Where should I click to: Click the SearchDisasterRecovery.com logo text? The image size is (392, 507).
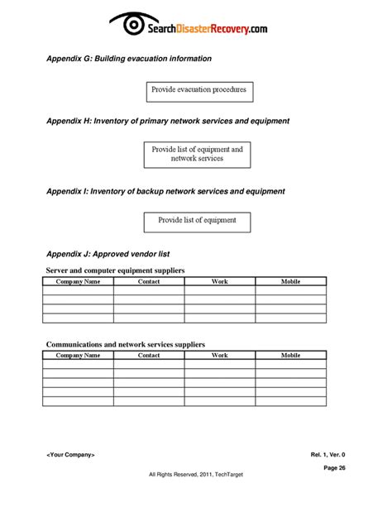[x=208, y=28]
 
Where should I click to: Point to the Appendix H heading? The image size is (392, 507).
[x=168, y=121]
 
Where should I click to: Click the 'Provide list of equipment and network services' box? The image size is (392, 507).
[x=198, y=154]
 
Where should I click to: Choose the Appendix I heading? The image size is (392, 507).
[x=165, y=191]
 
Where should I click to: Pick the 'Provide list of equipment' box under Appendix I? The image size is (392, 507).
[x=198, y=221]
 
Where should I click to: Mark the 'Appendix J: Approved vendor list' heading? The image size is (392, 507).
[x=108, y=254]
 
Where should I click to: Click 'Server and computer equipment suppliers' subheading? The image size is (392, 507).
[x=116, y=270]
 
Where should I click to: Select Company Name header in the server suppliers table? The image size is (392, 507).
[x=78, y=282]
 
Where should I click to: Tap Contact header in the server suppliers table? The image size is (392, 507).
[x=149, y=282]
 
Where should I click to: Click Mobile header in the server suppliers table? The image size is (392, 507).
[x=290, y=282]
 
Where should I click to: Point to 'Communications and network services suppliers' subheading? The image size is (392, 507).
[x=126, y=344]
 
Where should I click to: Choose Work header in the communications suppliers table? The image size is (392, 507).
[x=219, y=355]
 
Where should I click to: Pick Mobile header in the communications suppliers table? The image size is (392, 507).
[x=290, y=355]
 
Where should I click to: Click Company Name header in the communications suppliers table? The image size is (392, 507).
[x=78, y=355]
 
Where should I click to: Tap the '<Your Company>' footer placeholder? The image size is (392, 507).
[x=71, y=454]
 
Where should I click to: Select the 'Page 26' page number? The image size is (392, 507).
[x=335, y=467]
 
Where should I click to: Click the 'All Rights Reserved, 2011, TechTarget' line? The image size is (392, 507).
[x=195, y=474]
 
